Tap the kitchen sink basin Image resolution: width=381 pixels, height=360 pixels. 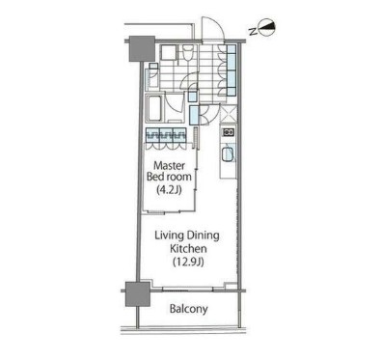click(229, 154)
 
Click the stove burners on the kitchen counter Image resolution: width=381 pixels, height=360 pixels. click(230, 132)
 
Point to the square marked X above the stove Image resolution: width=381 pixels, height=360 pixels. click(230, 111)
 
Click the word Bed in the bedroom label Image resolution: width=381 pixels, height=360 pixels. click(160, 178)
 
